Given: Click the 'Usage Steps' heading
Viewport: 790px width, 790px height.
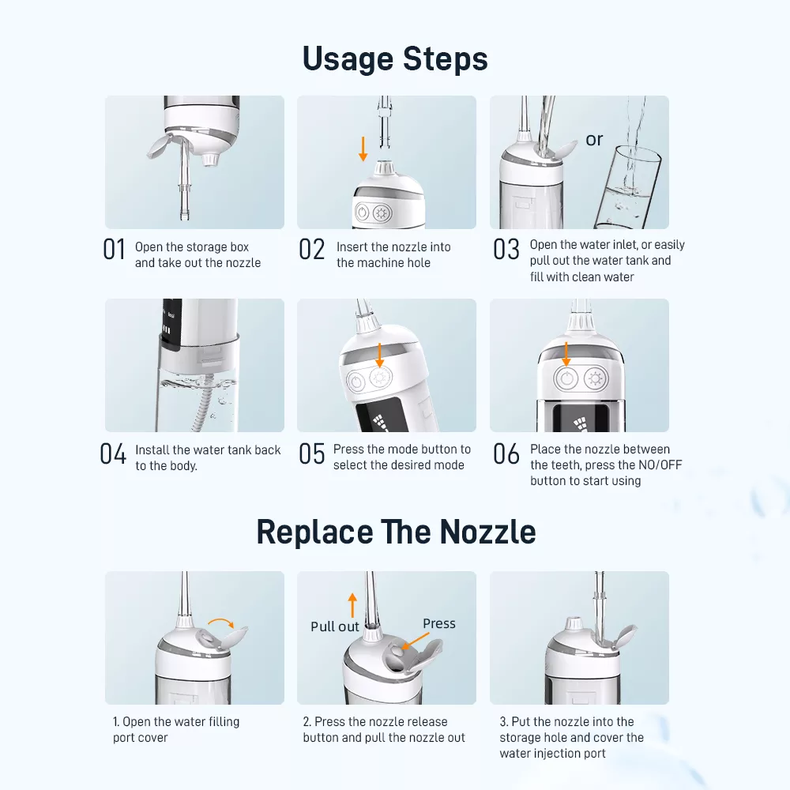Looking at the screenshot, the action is click(x=395, y=59).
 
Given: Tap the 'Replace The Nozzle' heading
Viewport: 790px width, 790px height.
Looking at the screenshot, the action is click(x=396, y=532).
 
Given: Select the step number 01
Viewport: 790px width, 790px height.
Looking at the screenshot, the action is click(x=115, y=250).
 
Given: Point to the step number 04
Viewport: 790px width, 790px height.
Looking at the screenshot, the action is click(x=113, y=454).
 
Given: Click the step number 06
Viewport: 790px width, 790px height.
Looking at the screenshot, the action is click(x=506, y=454).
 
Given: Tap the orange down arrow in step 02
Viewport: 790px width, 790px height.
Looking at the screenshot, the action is click(x=363, y=149).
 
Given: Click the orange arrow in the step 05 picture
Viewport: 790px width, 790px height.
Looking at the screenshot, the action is click(x=379, y=355).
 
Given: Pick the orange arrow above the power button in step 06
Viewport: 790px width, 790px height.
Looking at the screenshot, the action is click(x=566, y=354).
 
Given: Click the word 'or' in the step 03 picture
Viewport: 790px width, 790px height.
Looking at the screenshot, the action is click(x=594, y=140).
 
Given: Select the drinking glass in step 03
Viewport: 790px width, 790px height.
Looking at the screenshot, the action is click(x=627, y=187).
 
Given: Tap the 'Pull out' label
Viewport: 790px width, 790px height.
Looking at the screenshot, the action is click(x=334, y=626).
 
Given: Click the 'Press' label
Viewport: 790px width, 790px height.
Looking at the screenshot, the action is click(x=438, y=624).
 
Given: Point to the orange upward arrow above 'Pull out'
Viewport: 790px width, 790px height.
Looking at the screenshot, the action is click(x=352, y=605).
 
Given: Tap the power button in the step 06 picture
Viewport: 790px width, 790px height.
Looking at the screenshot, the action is click(x=566, y=378).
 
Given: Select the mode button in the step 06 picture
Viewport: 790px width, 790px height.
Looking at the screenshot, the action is click(x=596, y=379).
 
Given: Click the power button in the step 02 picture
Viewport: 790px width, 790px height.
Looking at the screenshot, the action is click(x=362, y=212).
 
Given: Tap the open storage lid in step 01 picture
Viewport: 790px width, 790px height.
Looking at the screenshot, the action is click(x=161, y=145).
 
